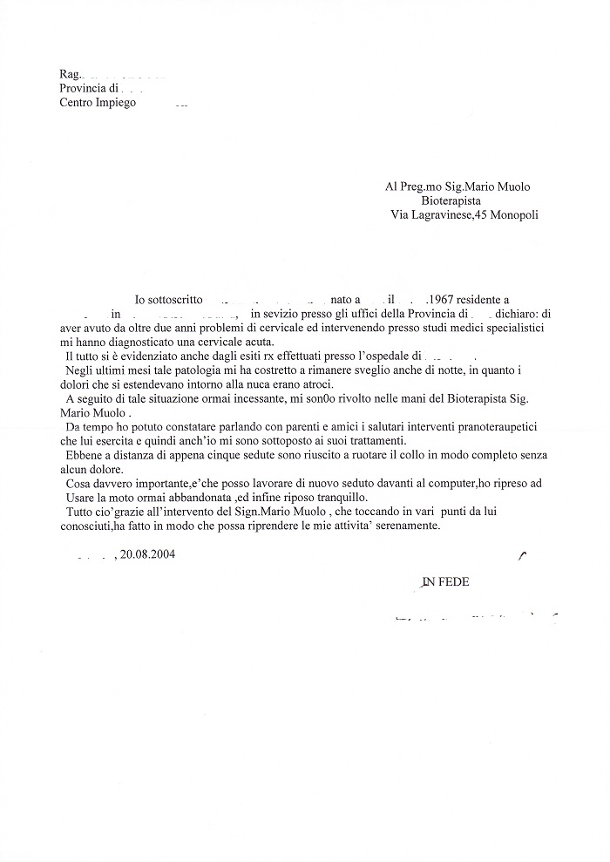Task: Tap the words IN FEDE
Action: [445, 581]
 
